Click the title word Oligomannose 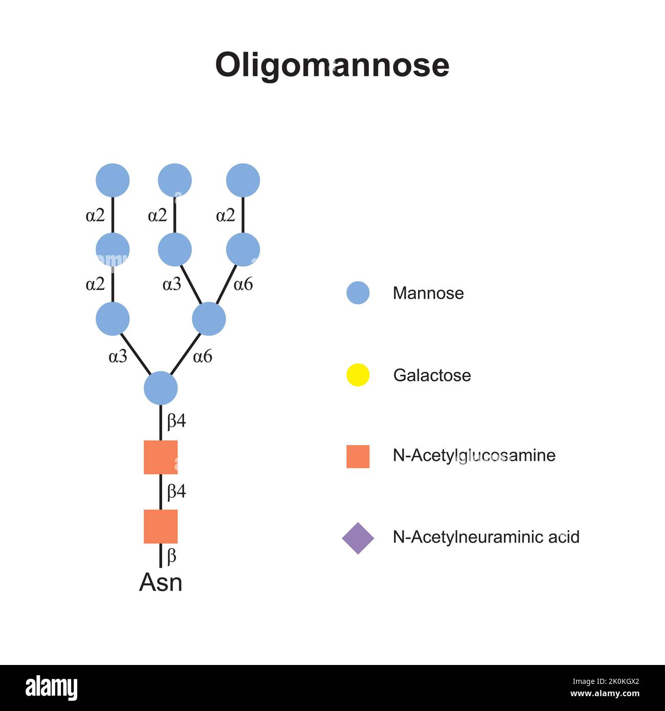pos(332,65)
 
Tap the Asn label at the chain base pos(161,583)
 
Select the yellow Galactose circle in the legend pos(358,374)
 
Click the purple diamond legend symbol pos(358,538)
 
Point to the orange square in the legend pos(358,456)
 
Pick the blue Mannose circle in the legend pos(358,293)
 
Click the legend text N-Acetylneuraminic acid pos(486,537)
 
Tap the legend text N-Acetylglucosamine pos(474,455)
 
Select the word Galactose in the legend pos(432,375)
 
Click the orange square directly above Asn pos(161,526)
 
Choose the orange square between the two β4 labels pos(161,457)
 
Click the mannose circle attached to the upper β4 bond pos(161,388)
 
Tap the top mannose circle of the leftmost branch pos(113,180)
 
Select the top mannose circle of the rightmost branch pos(243,180)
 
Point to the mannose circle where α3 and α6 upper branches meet pos(209,319)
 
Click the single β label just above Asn pos(172,556)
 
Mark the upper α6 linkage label pos(243,284)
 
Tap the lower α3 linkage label pos(118,357)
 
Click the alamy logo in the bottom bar pos(52,687)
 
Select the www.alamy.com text pos(605,694)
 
